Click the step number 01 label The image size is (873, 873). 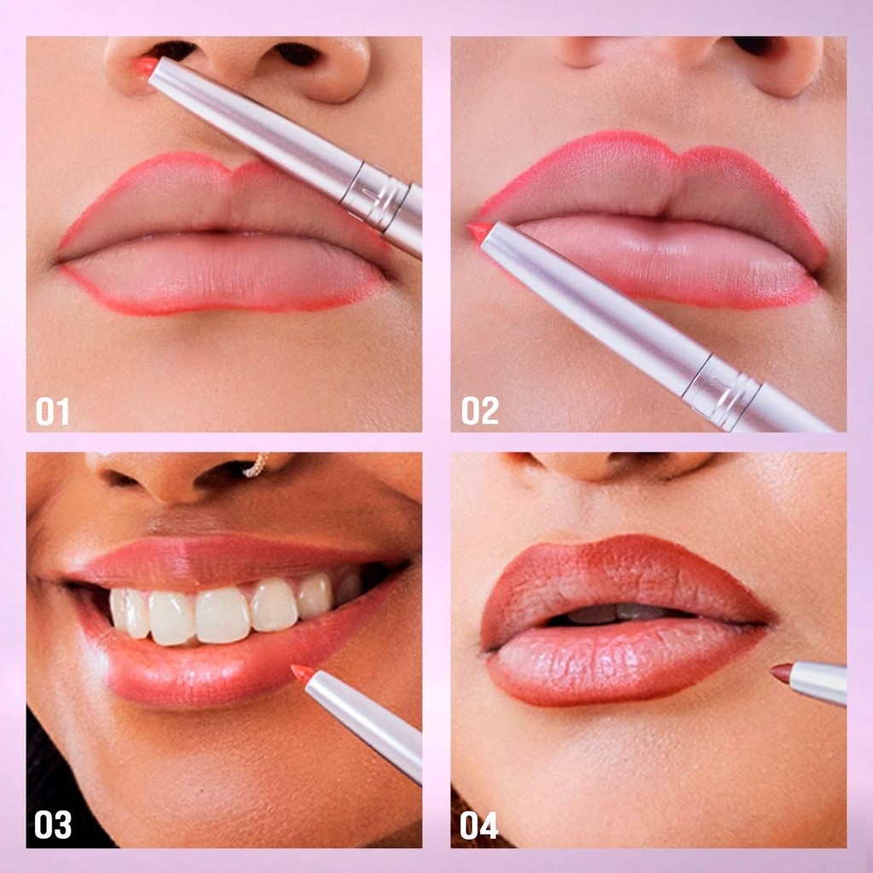(53, 412)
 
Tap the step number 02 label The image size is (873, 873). (480, 411)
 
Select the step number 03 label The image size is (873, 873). (53, 824)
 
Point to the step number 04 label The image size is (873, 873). (479, 825)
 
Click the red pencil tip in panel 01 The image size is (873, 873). (146, 66)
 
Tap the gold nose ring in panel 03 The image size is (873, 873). (256, 466)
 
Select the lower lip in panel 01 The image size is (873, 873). (223, 273)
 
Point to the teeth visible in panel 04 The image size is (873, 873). (618, 612)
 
